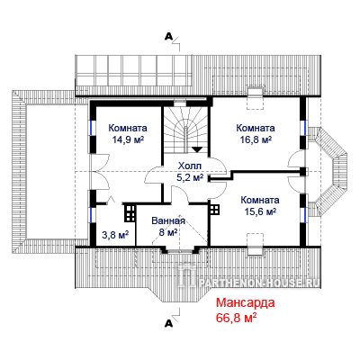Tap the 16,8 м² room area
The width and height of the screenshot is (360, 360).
tap(256, 139)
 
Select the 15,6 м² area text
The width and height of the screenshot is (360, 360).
tap(260, 211)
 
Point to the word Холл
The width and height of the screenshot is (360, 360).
tap(190, 166)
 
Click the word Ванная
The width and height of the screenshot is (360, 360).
tap(168, 220)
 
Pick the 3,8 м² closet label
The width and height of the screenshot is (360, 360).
tap(115, 235)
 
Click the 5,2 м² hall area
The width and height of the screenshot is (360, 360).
tap(190, 177)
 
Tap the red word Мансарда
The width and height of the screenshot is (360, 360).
tap(246, 302)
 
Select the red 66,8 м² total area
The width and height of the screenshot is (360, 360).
tap(236, 318)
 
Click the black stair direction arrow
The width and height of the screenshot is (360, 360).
tap(197, 149)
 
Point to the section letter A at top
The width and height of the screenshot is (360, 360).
tap(169, 36)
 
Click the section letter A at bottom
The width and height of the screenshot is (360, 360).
tap(169, 323)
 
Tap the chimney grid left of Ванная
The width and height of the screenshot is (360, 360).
tap(130, 213)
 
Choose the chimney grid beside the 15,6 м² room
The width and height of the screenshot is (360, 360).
tap(215, 210)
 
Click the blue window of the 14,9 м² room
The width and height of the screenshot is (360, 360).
tap(93, 129)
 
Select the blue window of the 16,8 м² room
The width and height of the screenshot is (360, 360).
tap(303, 129)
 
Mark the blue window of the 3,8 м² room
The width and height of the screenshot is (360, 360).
tap(93, 215)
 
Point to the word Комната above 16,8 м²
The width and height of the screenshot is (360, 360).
tap(256, 128)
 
